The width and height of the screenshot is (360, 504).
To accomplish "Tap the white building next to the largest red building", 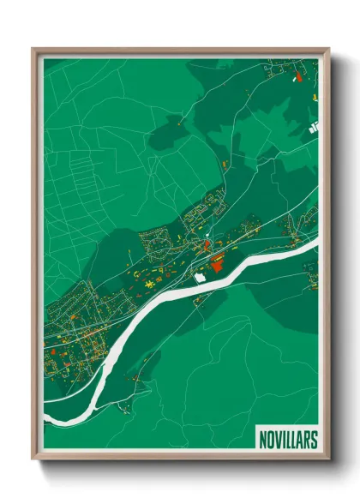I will coord(201,277).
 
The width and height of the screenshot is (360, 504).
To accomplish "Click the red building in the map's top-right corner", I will coord(298,77).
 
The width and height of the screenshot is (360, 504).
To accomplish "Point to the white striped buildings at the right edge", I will coord(313,127).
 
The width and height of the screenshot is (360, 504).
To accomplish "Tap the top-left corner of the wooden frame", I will coord(33,49).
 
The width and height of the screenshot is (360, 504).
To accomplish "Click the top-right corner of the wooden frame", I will coord(328,49).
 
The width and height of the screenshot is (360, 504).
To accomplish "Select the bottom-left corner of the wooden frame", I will coord(33,460).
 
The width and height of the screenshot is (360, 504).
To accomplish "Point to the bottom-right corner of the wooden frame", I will coord(328,460).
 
